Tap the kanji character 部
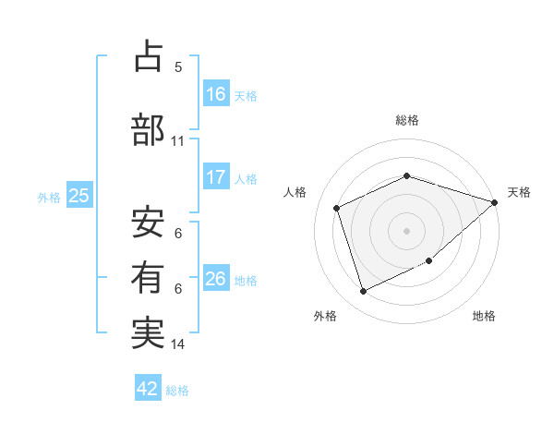[148, 129]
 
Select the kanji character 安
[148, 223]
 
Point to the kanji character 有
[148, 276]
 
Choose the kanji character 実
[148, 332]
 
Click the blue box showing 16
[216, 94]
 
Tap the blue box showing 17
[216, 177]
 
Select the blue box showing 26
[216, 279]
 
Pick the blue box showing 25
[78, 196]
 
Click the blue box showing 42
[148, 389]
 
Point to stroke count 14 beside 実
[178, 344]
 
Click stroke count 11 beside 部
[178, 141]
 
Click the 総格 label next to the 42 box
[177, 391]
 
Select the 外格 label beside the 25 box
[49, 197]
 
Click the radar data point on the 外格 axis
[363, 292]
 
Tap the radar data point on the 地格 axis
[429, 262]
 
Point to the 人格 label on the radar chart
[295, 192]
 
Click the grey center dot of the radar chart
[406, 230]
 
